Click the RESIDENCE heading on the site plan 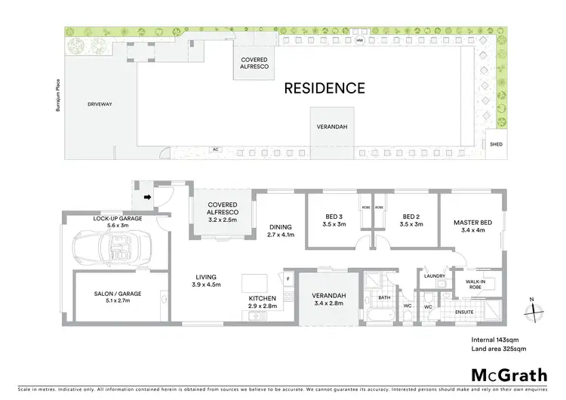click(x=324, y=88)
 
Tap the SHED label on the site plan click(x=496, y=143)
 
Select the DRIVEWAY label click(x=99, y=104)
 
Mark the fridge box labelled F click(x=288, y=279)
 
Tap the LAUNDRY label click(x=435, y=275)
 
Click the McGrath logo click(x=504, y=375)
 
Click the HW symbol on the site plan click(x=360, y=39)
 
